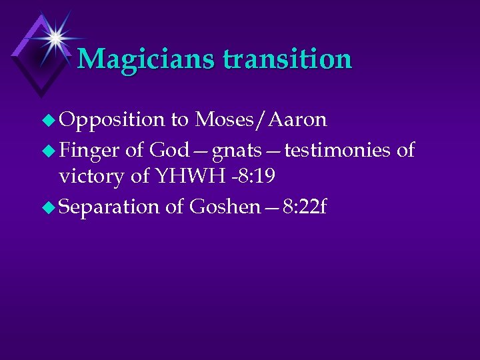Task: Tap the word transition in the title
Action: (287, 59)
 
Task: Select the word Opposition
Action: (111, 120)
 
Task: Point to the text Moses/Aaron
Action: (261, 120)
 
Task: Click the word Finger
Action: (90, 150)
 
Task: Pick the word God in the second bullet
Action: (169, 150)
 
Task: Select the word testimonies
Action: (337, 150)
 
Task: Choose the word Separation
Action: (109, 207)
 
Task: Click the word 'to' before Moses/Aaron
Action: (179, 121)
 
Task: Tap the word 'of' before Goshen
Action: (174, 207)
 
